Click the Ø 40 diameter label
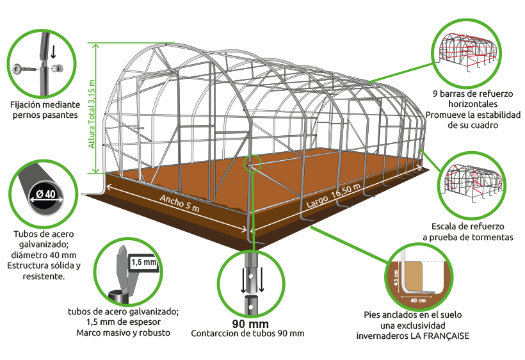pyautogui.click(x=46, y=194)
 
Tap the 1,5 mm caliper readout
pyautogui.click(x=144, y=262)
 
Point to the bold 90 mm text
pyautogui.click(x=250, y=324)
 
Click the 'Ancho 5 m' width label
pyautogui.click(x=179, y=203)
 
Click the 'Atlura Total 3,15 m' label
pyautogui.click(x=92, y=114)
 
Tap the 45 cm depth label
pyautogui.click(x=396, y=277)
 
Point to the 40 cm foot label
pyautogui.click(x=418, y=300)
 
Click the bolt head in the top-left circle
pyautogui.click(x=17, y=69)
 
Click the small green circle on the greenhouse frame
pyautogui.click(x=252, y=163)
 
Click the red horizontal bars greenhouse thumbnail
pyautogui.click(x=466, y=52)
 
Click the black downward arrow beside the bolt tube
pyautogui.click(x=53, y=52)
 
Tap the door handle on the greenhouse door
pyautogui.click(x=138, y=127)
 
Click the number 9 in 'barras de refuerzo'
pyautogui.click(x=435, y=94)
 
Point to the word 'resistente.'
pyautogui.click(x=44, y=276)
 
